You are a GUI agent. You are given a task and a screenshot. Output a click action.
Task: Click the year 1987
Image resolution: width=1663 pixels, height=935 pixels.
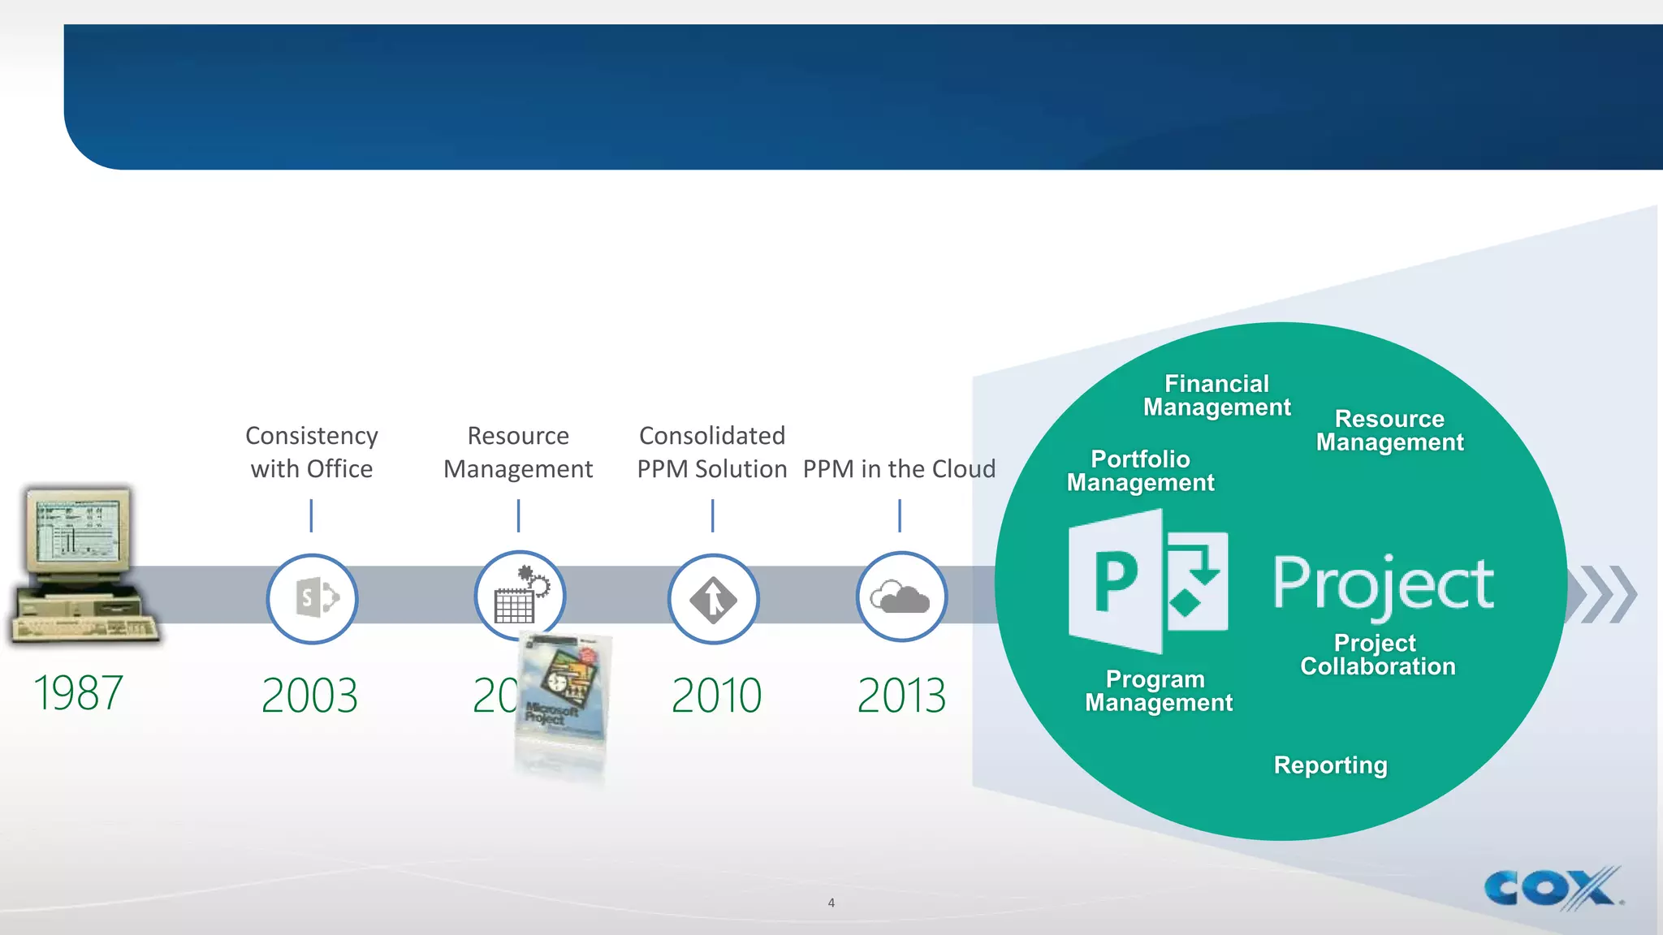point(78,693)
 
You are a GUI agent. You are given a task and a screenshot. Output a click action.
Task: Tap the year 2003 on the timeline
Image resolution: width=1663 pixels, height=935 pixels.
point(309,696)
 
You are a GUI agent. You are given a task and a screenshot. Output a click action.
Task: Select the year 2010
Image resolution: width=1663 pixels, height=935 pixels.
point(716,696)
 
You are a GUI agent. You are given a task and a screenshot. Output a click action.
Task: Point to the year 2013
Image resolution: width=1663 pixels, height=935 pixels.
point(901,696)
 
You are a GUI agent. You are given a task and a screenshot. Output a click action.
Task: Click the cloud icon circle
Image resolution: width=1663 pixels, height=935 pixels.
point(901,597)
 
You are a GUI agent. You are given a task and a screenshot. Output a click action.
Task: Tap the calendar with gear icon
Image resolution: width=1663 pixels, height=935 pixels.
point(520,596)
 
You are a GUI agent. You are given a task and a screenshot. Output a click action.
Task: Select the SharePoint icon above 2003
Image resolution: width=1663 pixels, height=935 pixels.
point(312,598)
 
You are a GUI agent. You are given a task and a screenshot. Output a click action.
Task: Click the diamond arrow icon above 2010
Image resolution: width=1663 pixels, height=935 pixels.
point(713,599)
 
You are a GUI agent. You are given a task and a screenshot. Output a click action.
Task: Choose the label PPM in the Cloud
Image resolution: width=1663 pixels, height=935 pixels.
point(899,469)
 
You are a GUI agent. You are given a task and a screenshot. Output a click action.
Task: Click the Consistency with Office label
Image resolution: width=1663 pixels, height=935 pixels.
point(312,452)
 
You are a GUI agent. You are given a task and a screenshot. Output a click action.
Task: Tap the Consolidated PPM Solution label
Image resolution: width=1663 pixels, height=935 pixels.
point(712,452)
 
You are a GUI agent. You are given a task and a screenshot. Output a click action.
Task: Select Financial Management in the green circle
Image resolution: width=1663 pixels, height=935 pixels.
point(1216,395)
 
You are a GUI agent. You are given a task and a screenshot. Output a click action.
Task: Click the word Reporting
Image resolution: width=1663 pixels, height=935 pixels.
point(1330,765)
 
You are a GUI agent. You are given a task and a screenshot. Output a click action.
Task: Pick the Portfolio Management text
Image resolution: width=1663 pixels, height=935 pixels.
point(1140,471)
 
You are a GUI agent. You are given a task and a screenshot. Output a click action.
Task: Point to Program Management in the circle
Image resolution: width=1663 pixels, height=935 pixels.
point(1158,691)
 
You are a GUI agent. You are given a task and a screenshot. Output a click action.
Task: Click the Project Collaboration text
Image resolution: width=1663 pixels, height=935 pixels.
point(1377,655)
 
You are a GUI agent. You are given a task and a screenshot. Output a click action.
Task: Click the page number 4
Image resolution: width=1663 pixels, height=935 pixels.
point(831,903)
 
